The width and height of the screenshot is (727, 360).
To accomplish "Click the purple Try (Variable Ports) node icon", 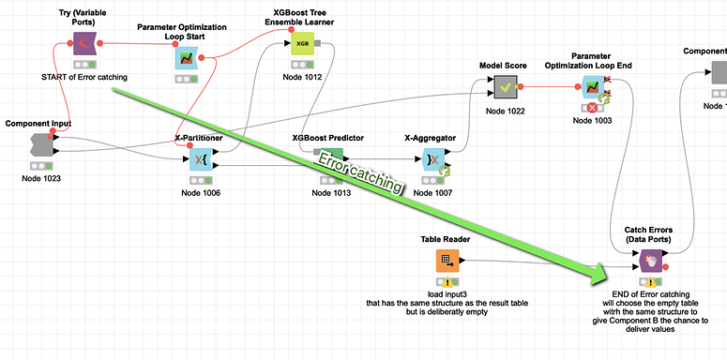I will (x=85, y=44).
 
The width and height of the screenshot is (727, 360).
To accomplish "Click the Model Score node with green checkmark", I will (x=506, y=88).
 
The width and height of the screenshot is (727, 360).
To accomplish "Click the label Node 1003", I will (x=592, y=121).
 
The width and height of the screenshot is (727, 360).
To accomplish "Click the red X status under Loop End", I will (x=592, y=108).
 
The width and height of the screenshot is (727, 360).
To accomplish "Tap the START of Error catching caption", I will (x=84, y=77).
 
